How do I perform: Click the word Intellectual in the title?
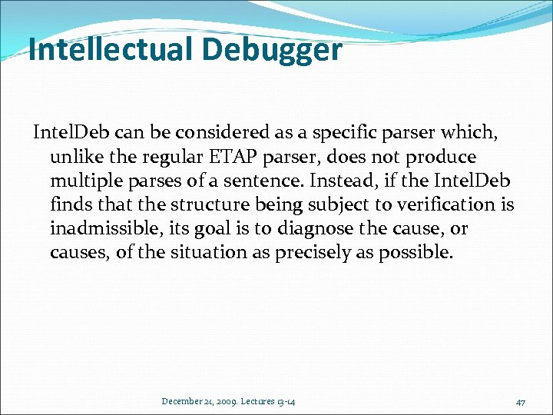coord(111,50)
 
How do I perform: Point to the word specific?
coord(335,134)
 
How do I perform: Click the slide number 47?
coord(520,401)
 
